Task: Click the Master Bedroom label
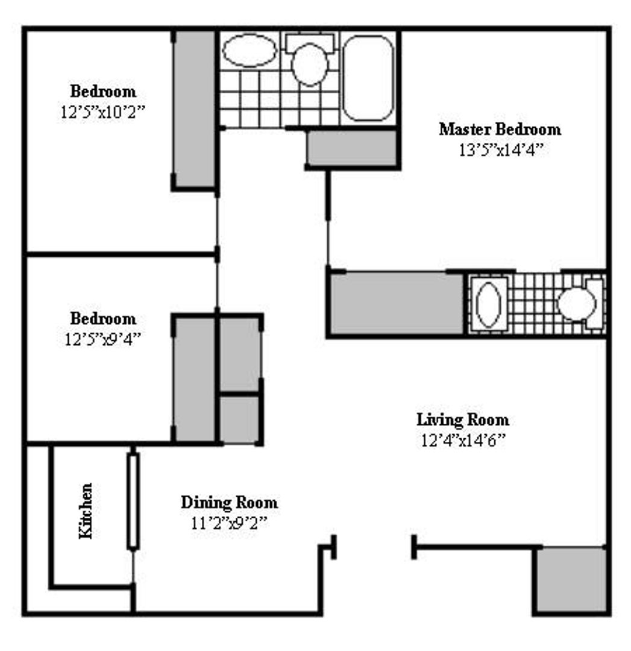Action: [x=500, y=129]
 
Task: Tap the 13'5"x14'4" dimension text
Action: [x=501, y=150]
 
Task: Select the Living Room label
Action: [x=463, y=420]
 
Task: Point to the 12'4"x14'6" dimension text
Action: [x=463, y=440]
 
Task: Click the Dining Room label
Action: [x=230, y=502]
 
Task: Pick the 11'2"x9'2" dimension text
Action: [x=229, y=523]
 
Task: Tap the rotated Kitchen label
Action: [x=87, y=511]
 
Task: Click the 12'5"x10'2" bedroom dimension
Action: [x=103, y=112]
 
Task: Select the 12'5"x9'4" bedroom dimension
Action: [x=103, y=339]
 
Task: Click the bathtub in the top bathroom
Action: [x=368, y=78]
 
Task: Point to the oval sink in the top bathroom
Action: [x=249, y=50]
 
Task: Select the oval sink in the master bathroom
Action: [x=488, y=303]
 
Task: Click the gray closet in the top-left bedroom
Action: [x=195, y=108]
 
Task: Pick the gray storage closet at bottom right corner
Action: [x=571, y=580]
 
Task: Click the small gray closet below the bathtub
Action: [x=352, y=148]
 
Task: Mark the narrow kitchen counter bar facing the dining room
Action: [x=133, y=501]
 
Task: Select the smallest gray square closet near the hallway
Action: [x=239, y=420]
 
